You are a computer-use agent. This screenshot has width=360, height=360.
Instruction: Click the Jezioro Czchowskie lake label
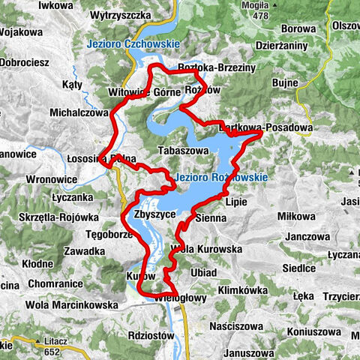tap(133, 44)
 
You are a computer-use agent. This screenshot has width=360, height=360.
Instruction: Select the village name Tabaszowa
tap(183, 150)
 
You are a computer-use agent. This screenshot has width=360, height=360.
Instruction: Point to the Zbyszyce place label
tap(148, 214)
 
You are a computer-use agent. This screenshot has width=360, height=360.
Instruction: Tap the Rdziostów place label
tap(151, 335)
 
